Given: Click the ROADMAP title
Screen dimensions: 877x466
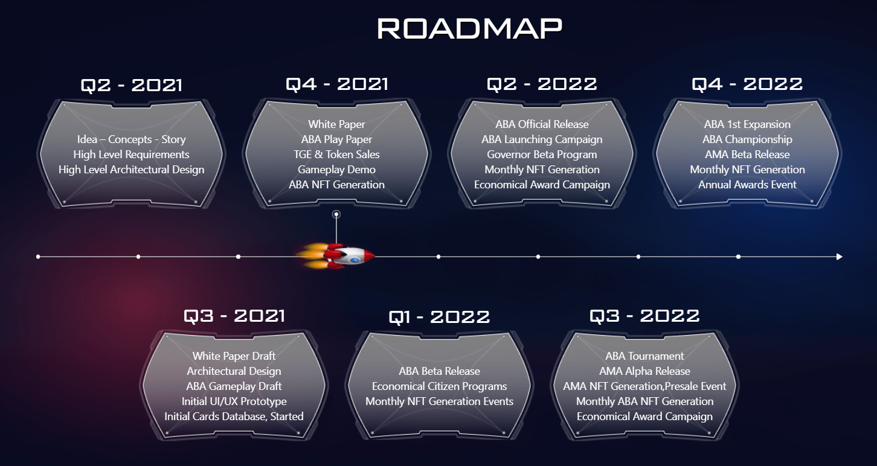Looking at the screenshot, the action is tap(469, 28).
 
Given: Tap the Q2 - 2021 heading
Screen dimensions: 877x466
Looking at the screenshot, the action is tap(131, 85).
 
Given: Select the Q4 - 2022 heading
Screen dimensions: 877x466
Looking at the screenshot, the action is tap(747, 84).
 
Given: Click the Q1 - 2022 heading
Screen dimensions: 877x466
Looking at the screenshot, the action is tap(439, 317).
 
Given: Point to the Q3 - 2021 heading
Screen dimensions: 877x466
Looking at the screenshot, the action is tap(234, 316).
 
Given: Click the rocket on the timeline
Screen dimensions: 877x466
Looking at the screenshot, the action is tap(336, 257).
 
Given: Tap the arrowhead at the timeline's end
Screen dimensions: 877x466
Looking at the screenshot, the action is tap(839, 257).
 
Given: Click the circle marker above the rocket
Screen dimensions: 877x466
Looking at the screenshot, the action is tap(336, 214).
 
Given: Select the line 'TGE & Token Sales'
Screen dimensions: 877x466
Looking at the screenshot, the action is tap(336, 155).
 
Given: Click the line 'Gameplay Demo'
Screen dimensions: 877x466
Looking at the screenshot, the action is tap(336, 170).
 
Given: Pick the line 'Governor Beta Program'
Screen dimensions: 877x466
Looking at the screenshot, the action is tap(542, 155).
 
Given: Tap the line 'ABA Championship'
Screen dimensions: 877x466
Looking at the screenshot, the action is tap(747, 139).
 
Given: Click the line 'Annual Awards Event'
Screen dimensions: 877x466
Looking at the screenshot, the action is tap(747, 185).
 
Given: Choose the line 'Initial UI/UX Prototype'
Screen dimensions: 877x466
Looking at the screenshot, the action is tap(234, 401).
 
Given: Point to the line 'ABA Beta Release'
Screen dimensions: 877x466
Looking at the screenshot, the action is tap(439, 371).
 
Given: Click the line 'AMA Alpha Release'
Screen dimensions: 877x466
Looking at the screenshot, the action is tap(644, 371).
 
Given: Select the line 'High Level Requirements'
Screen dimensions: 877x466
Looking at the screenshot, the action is tap(131, 155).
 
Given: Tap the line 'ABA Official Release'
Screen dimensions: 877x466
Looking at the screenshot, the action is tap(542, 124).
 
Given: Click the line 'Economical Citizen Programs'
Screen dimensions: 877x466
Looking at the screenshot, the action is tap(439, 386).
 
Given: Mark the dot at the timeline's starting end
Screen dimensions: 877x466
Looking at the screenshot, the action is tap(38, 257).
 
